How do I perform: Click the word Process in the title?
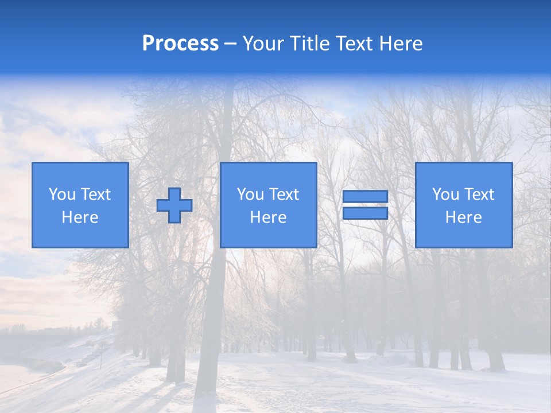(x=180, y=44)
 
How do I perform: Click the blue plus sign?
(x=174, y=205)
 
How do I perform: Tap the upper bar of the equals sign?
(x=365, y=197)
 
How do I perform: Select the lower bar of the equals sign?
(x=365, y=213)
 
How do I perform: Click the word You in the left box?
(x=62, y=194)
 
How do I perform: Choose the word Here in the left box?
(x=80, y=217)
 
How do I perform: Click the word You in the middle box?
(x=250, y=194)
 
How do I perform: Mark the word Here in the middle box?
(x=268, y=217)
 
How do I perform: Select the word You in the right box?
(x=445, y=194)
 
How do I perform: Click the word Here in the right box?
(x=463, y=217)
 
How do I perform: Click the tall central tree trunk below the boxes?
(x=212, y=321)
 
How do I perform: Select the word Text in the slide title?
(x=354, y=44)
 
